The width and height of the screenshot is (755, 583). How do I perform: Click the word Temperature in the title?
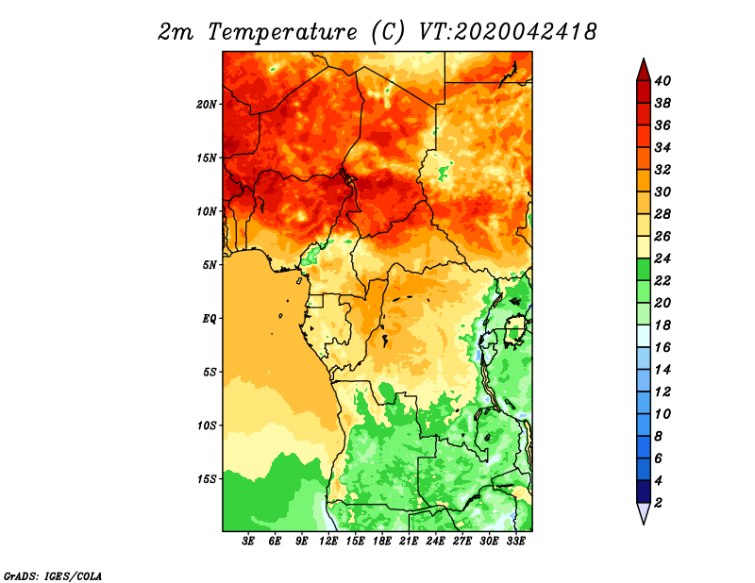pos(282,32)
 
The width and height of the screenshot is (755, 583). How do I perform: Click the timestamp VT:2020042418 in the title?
pos(508,32)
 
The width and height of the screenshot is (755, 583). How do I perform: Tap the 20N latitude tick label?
pos(207,105)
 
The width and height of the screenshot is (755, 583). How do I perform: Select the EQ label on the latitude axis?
pos(210,319)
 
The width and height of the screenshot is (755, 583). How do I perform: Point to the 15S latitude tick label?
pos(207,479)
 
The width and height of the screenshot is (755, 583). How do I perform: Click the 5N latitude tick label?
pos(210,265)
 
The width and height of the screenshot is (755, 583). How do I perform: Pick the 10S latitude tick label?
pos(207,425)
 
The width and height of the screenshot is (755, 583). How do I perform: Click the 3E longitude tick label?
pos(248,541)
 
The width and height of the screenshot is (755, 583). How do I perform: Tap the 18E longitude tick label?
pos(382,541)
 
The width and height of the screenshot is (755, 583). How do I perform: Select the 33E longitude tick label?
pos(515,541)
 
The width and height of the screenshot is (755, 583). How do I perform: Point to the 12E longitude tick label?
pos(328,541)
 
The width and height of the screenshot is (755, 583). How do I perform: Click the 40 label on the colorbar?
pos(663,81)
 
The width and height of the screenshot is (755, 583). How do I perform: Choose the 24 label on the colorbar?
pos(663,258)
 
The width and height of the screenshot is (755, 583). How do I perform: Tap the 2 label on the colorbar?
pos(659,503)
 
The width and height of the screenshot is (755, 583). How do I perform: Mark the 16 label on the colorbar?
pos(663,347)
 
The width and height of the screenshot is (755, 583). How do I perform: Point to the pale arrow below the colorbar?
pos(644,512)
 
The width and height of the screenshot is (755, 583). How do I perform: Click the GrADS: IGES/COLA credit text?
pos(53,575)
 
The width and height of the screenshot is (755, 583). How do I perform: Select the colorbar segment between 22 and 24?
pos(644,270)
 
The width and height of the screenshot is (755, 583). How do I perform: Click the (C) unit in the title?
pos(388,32)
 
